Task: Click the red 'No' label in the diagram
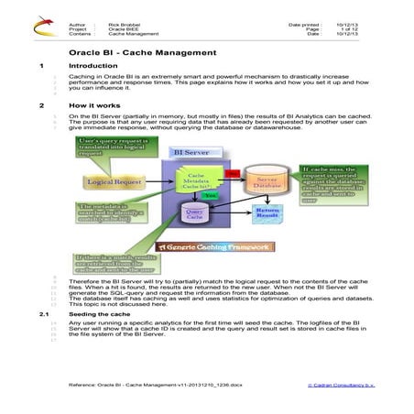tap(232, 173)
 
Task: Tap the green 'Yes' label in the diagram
tap(211, 195)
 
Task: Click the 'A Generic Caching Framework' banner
tap(213, 246)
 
